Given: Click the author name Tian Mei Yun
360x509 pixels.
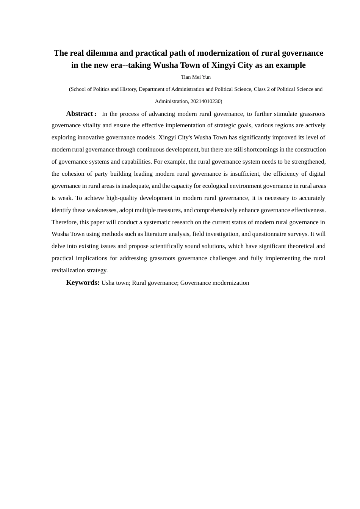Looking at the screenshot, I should tap(196, 77).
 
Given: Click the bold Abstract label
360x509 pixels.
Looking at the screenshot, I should tap(80, 114).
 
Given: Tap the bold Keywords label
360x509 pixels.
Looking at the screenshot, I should tap(83, 283).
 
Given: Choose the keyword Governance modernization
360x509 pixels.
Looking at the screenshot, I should tap(214, 283).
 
